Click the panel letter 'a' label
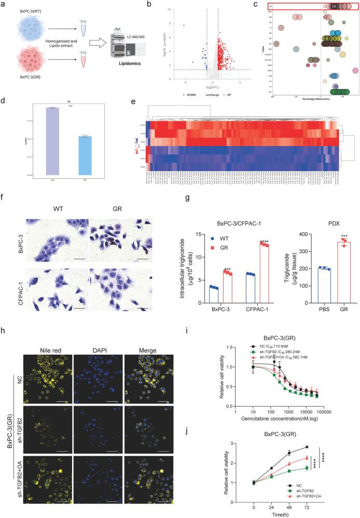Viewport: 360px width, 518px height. coord(4,5)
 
